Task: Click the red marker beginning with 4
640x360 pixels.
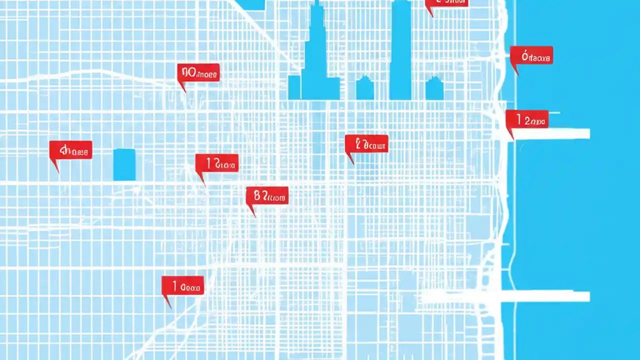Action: [x=70, y=150]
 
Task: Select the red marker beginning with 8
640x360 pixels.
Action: [x=267, y=196]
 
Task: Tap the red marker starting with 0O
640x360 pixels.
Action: [x=198, y=73]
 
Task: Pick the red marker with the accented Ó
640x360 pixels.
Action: [x=531, y=55]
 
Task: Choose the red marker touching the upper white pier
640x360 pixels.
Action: [x=527, y=119]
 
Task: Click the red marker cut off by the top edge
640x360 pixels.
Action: [x=446, y=2]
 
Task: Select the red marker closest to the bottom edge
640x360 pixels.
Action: [x=182, y=285]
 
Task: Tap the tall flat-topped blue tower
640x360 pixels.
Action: [x=400, y=50]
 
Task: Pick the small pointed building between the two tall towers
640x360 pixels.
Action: [x=364, y=88]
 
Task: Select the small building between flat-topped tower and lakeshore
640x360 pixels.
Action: [x=434, y=88]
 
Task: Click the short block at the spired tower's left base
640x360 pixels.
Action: [x=294, y=87]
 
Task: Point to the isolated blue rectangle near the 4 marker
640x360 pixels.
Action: [x=124, y=164]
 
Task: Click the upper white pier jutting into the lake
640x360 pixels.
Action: [x=550, y=133]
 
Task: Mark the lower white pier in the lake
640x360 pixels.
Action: [x=545, y=296]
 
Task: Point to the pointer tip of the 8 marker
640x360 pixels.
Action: [x=253, y=216]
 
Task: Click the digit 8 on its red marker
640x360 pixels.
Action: [x=257, y=196]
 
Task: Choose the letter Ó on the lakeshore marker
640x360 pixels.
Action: [x=525, y=56]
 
